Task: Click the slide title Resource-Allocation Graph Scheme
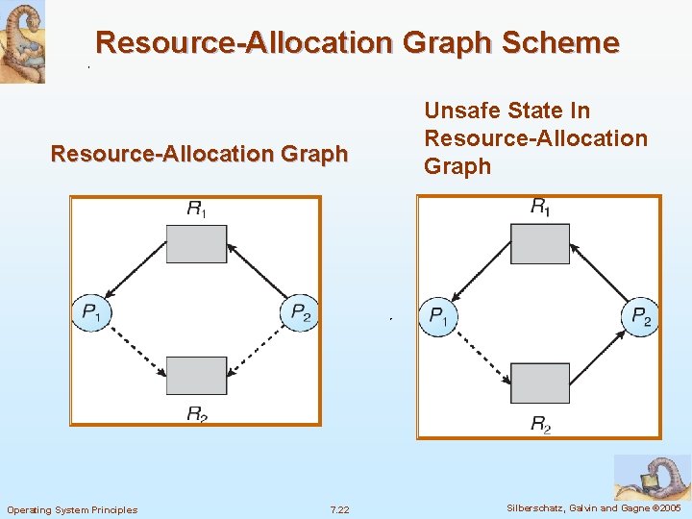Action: pos(358,43)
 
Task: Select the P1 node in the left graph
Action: pos(92,311)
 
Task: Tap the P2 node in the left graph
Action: pos(300,311)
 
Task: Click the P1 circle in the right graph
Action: pos(437,316)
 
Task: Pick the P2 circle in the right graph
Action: pos(640,316)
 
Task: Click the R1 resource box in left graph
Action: pos(196,243)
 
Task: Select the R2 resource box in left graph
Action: pos(196,375)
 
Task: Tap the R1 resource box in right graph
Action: pos(539,243)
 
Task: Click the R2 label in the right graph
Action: pos(541,423)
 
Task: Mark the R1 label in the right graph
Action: pos(541,206)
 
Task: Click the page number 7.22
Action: pos(339,509)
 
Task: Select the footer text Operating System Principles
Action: pos(72,509)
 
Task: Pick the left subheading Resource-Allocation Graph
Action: pos(199,154)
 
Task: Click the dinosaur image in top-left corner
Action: pos(22,42)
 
